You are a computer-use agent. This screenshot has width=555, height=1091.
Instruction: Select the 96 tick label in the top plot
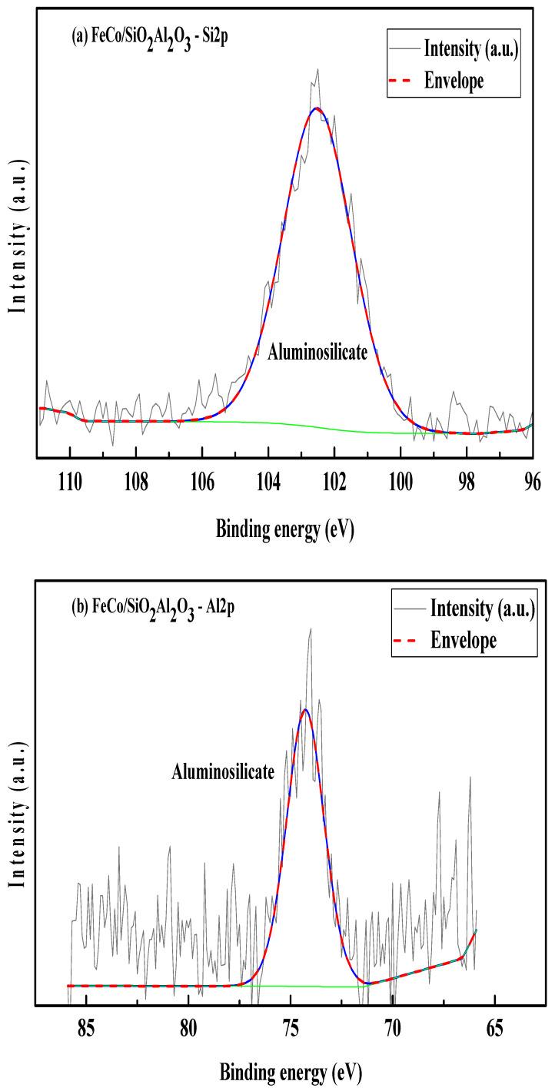coord(532,482)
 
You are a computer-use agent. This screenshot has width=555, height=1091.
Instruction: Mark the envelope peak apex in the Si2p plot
coord(315,108)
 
